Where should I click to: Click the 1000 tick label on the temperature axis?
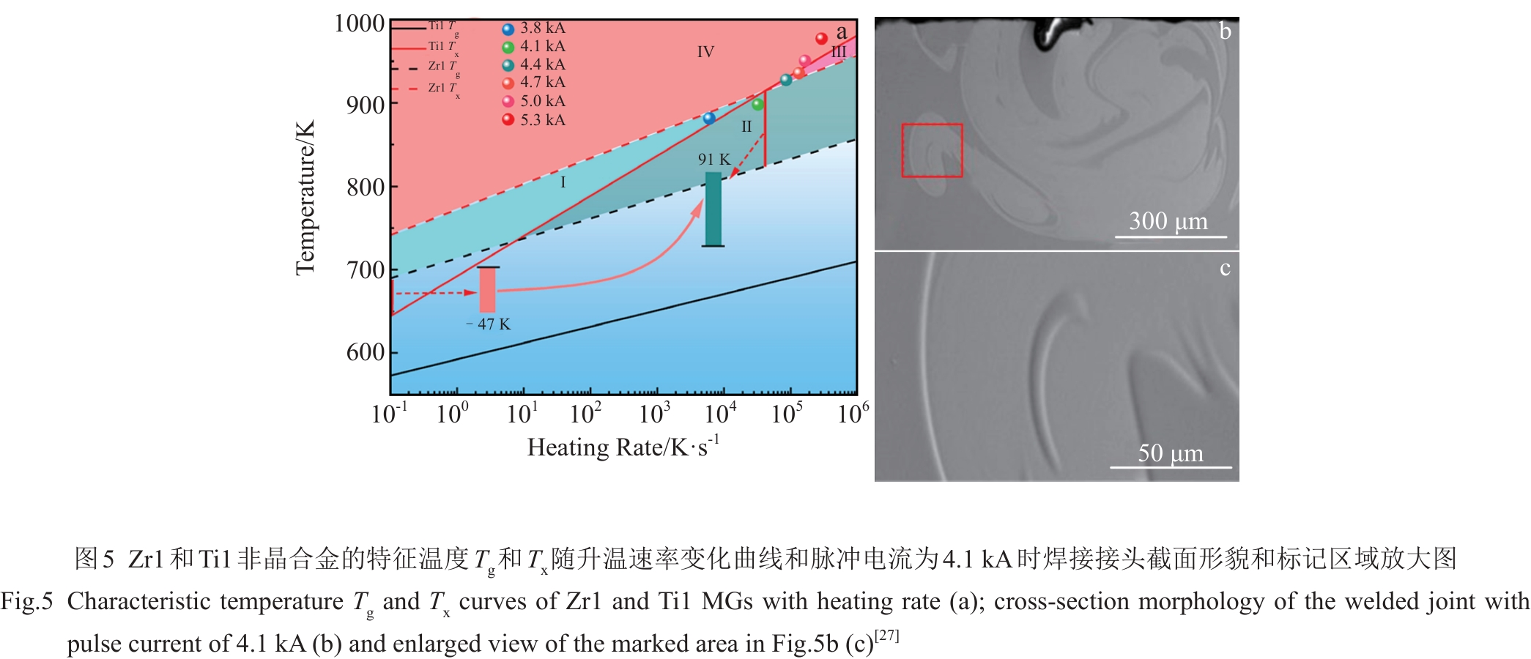359,23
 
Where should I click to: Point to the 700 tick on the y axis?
366,270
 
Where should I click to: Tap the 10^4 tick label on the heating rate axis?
720,414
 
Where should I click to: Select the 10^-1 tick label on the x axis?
388,414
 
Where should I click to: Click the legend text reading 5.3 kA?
542,120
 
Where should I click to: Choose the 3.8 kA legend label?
542,28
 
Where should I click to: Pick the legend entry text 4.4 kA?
542,64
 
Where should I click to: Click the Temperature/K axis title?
305,198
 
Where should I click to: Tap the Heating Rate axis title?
623,447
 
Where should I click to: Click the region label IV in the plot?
705,52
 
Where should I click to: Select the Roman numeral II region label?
746,127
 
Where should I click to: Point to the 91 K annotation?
713,159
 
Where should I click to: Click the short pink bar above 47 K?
487,290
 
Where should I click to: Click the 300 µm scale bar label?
1168,220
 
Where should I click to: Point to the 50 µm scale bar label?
1170,453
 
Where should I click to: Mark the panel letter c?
1225,268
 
